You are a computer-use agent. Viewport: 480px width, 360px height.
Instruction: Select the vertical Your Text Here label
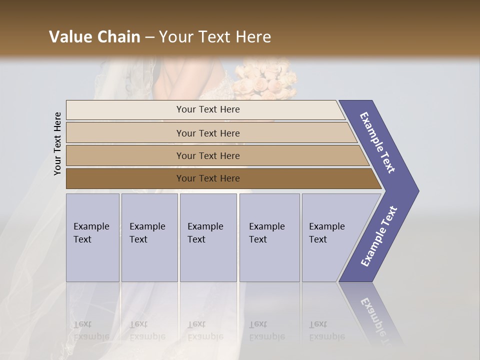(57, 143)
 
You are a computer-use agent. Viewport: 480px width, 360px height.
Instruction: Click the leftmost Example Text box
(92, 237)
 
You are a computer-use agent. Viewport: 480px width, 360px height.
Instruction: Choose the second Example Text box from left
(149, 237)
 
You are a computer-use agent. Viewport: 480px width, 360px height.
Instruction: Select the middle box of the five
(208, 237)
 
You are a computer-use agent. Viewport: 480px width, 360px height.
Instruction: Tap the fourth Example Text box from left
(269, 237)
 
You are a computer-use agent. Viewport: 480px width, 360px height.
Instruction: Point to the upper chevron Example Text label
(377, 142)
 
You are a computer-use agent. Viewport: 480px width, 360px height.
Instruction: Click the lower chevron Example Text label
(378, 236)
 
